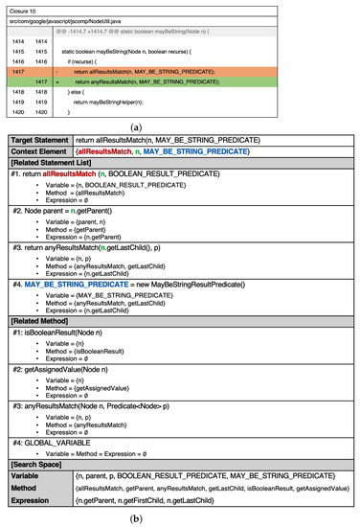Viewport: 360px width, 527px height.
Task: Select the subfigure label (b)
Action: pyautogui.click(x=179, y=518)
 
